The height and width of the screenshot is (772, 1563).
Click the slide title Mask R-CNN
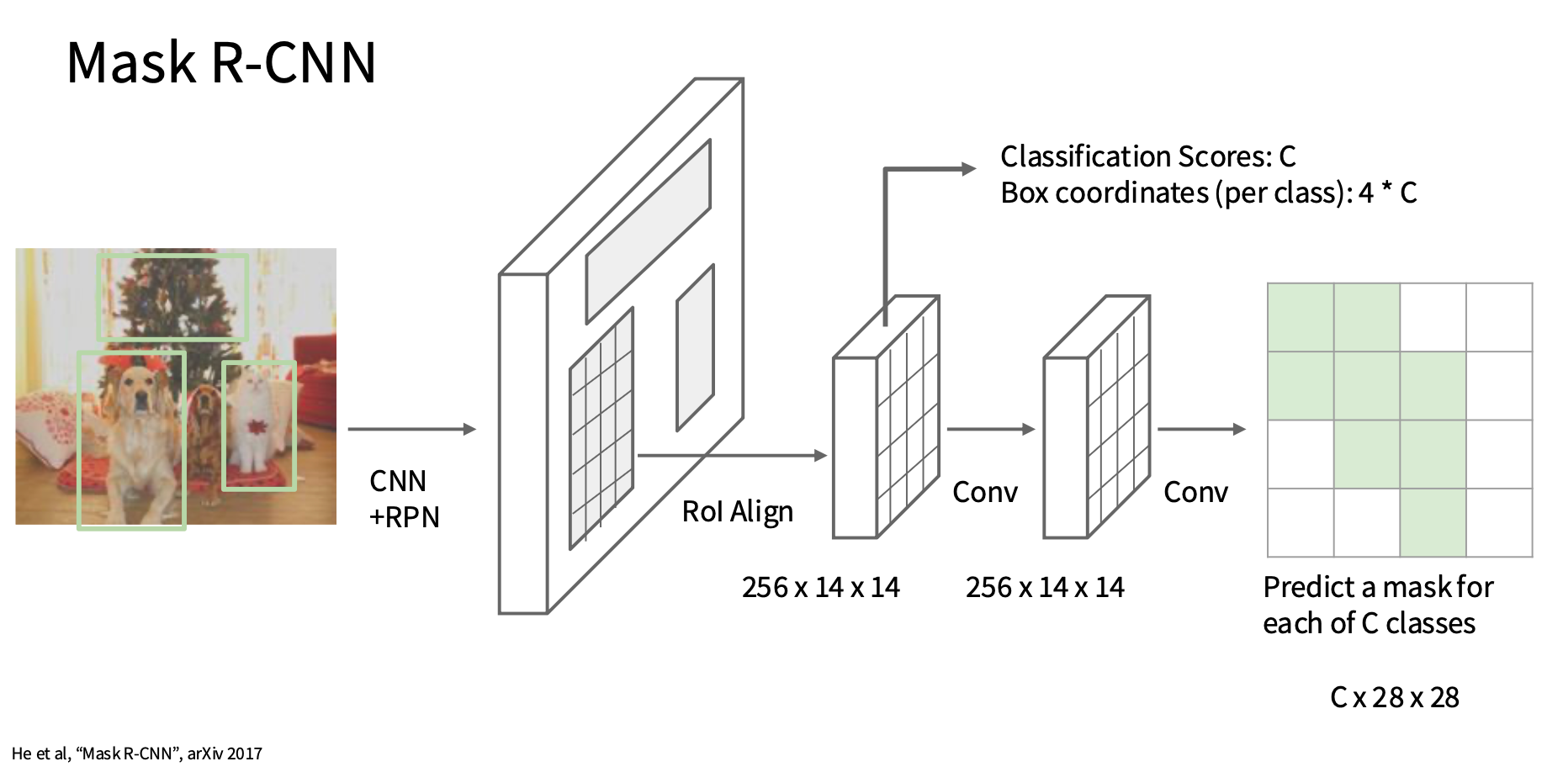pos(221,62)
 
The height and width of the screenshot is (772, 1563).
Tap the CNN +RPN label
pos(405,499)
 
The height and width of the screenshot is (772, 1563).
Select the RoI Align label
pos(737,511)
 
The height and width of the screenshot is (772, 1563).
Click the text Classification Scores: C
pos(1147,156)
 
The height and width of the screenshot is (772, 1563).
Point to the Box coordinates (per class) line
pos(1208,193)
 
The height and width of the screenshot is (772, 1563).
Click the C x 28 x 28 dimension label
pos(1395,697)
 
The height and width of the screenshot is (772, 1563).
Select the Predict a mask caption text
pos(1378,605)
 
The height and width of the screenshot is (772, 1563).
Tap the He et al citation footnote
pos(137,753)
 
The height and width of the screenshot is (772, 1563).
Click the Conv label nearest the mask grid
pos(1195,492)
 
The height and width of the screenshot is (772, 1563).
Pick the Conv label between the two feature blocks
pos(985,492)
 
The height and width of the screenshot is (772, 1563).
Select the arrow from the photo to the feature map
pos(412,429)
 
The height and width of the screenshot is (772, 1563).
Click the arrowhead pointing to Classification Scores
pos(969,169)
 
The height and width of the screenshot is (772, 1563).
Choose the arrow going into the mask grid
pos(1201,429)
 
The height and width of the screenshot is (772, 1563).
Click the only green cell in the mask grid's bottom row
pos(1433,522)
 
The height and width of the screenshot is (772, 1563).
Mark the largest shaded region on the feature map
pos(649,231)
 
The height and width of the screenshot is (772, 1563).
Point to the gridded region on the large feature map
pos(601,429)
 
